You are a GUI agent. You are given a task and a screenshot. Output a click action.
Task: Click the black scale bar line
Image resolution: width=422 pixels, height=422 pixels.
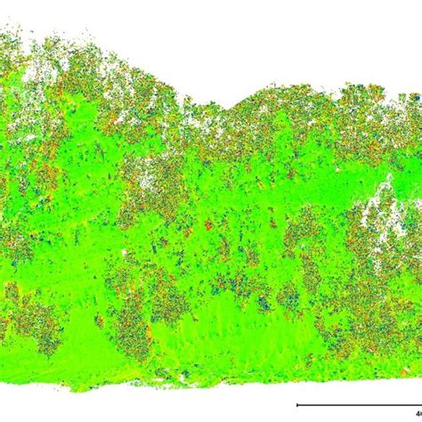(356, 406)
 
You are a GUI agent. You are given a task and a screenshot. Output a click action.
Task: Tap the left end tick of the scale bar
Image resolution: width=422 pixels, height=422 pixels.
(296, 406)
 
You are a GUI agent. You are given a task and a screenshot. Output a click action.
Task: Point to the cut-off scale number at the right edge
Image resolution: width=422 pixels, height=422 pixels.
(418, 398)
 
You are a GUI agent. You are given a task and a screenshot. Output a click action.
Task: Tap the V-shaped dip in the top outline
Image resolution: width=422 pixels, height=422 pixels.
(233, 108)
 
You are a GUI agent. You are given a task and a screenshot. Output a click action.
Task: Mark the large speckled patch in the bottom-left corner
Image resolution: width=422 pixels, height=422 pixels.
(31, 321)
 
